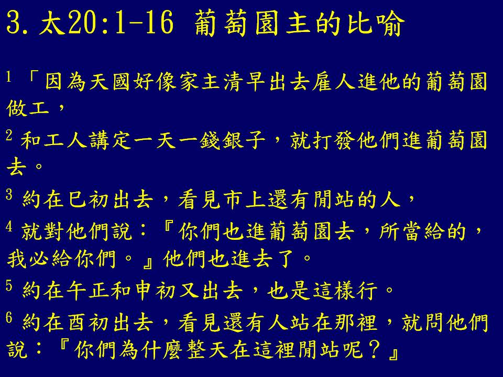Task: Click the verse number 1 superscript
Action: tap(9, 77)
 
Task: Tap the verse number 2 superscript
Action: tap(9, 135)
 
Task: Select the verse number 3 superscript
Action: tap(9, 194)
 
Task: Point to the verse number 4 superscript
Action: tap(9, 226)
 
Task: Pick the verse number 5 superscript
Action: tap(9, 285)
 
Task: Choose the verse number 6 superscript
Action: tap(9, 317)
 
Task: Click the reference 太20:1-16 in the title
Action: tap(106, 23)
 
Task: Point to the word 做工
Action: tap(28, 108)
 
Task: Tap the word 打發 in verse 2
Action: tap(322, 140)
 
